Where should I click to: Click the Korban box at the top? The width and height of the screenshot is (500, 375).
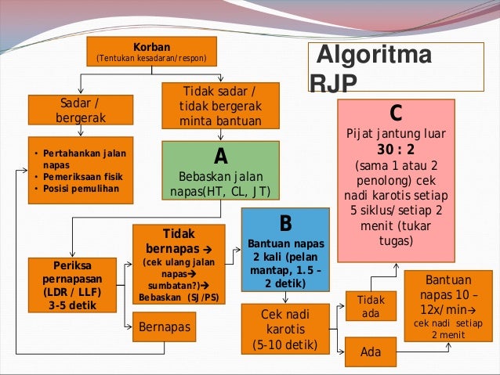(151, 52)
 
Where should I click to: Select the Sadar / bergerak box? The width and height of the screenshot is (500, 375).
(80, 111)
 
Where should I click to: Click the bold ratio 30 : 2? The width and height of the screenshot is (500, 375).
(396, 150)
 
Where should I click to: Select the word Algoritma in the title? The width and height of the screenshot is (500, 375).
(373, 56)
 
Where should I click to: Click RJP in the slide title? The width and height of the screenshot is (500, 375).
(333, 84)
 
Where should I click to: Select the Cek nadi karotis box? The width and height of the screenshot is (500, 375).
(285, 329)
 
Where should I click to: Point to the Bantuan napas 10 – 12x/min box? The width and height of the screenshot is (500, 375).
(447, 305)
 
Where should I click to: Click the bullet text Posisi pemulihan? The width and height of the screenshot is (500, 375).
(80, 189)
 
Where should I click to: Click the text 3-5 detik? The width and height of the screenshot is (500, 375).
(73, 305)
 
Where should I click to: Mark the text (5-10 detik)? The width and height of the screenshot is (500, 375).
(285, 344)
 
